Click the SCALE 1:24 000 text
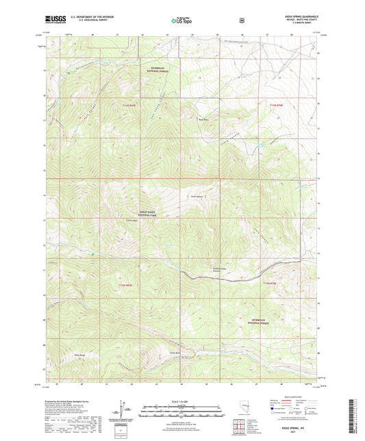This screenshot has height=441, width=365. click(x=182, y=400)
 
